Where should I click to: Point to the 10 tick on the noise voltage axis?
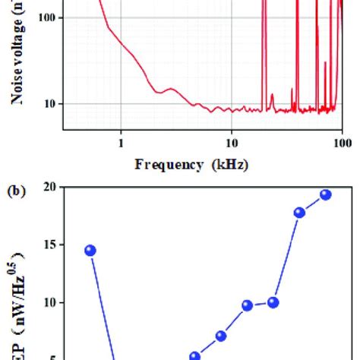click(x=47, y=103)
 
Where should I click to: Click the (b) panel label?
click(x=16, y=193)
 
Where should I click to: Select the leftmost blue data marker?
click(x=90, y=250)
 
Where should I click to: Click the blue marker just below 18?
click(x=299, y=213)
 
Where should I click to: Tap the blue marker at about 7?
click(x=221, y=336)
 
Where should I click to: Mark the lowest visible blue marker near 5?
click(x=194, y=355)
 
